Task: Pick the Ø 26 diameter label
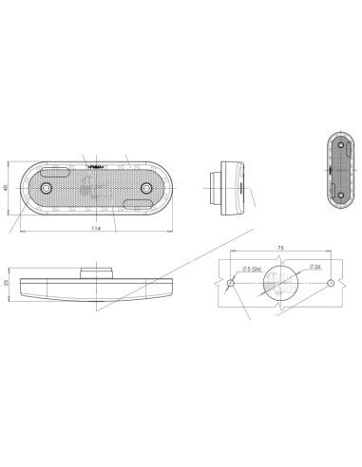(x=314, y=270)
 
